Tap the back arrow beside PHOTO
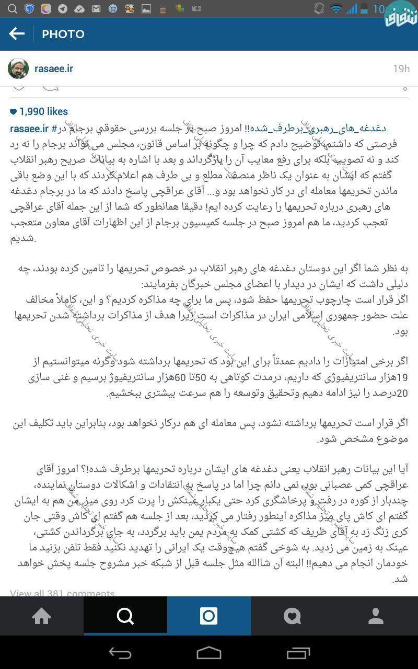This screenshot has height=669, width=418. (x=17, y=34)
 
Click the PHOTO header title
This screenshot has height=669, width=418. (x=63, y=34)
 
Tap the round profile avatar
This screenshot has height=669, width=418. (x=18, y=69)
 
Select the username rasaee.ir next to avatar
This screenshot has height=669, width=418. (x=54, y=69)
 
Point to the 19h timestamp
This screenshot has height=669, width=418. (x=401, y=69)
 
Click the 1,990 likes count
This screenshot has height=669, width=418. (x=44, y=111)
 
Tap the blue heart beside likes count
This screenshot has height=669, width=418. (x=14, y=111)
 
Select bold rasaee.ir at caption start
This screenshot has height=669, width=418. (x=29, y=129)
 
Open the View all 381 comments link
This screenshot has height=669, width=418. (x=62, y=593)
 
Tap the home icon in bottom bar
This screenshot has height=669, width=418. (x=42, y=616)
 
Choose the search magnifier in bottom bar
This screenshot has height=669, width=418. (x=125, y=616)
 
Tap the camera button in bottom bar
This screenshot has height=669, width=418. (x=209, y=616)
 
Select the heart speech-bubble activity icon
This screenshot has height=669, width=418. (x=293, y=616)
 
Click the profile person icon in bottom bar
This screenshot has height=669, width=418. (x=376, y=616)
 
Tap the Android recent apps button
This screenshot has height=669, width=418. (x=298, y=653)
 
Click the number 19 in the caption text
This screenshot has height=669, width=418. (x=402, y=377)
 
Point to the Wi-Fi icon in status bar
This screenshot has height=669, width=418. (x=336, y=9)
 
